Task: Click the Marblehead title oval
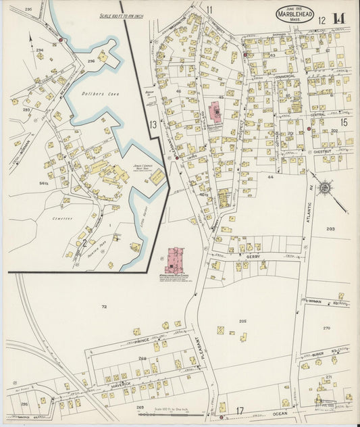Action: [x=294, y=15]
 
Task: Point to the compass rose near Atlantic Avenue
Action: [x=325, y=187]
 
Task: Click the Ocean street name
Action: [x=280, y=412]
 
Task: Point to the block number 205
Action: [x=242, y=320]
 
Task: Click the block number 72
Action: [x=104, y=307]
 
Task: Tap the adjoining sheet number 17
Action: [x=239, y=411]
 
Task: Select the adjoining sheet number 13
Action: [x=153, y=124]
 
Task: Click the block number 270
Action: [x=326, y=328]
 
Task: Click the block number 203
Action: [x=330, y=229]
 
